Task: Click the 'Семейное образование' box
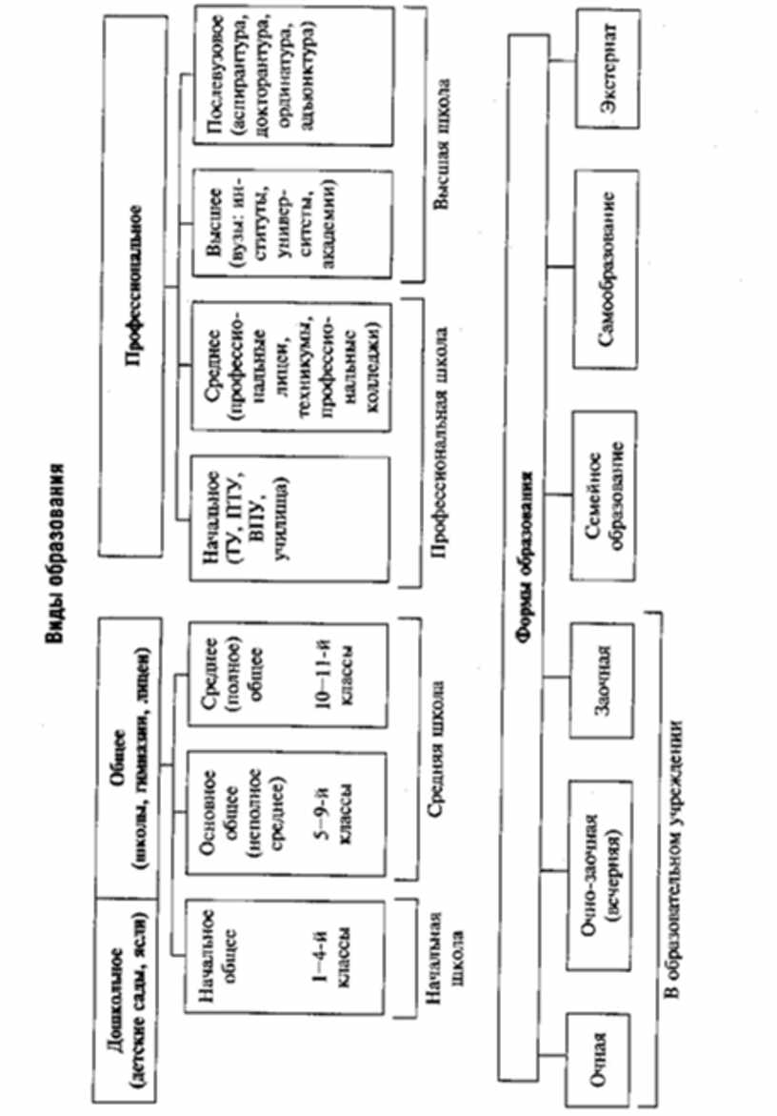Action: pos(604,486)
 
